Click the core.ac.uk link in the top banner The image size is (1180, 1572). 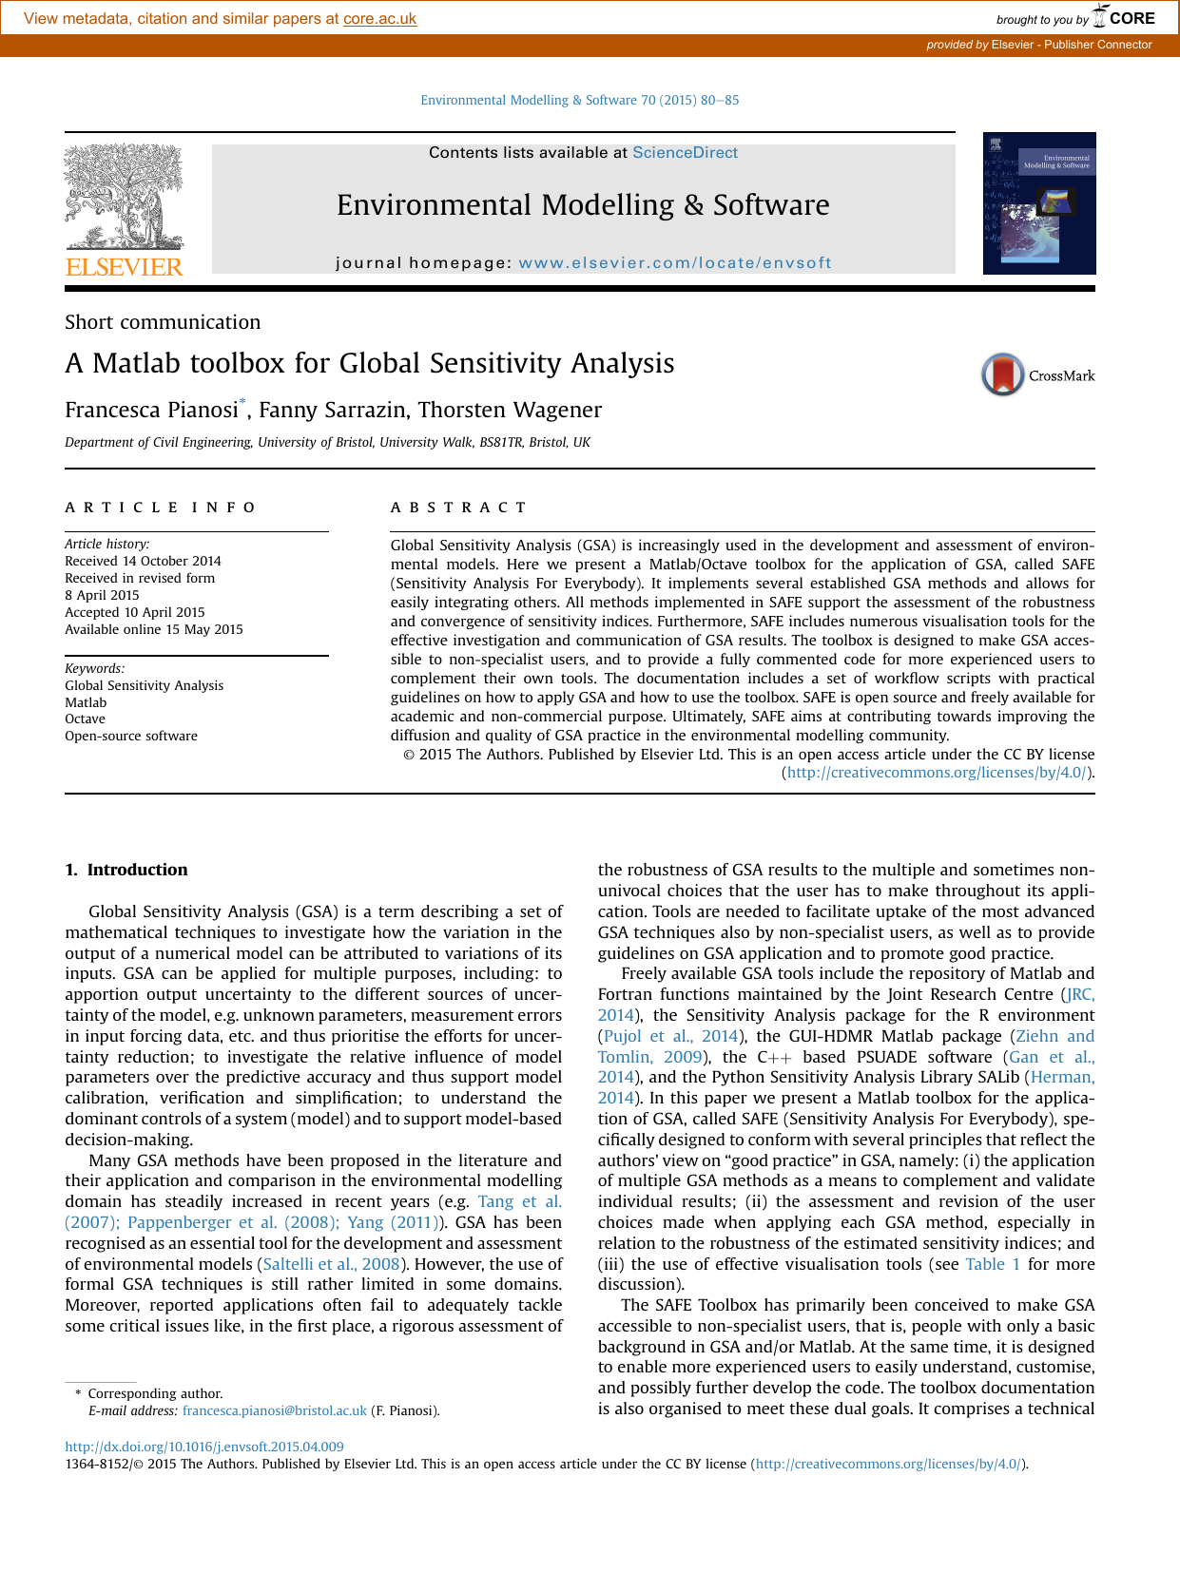[x=379, y=19]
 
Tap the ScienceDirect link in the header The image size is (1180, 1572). [x=685, y=153]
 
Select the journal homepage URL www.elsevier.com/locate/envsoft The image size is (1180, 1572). [x=675, y=263]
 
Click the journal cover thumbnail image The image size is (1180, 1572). [x=1038, y=203]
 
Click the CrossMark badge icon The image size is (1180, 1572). [x=1003, y=374]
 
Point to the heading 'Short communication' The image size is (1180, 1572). [x=163, y=322]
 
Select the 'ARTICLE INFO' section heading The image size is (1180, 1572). [x=161, y=508]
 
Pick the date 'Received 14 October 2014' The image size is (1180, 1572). [x=143, y=561]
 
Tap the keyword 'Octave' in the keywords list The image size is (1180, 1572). [x=85, y=719]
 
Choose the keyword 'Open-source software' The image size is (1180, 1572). [x=131, y=736]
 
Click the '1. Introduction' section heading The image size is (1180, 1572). [x=126, y=870]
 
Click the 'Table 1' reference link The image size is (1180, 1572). [x=993, y=1264]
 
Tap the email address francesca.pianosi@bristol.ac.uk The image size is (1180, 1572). [x=274, y=1410]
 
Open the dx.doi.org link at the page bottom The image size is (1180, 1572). [x=204, y=1447]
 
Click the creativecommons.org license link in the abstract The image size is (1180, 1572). [x=937, y=773]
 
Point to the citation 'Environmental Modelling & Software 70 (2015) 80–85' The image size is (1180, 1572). [x=579, y=100]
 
